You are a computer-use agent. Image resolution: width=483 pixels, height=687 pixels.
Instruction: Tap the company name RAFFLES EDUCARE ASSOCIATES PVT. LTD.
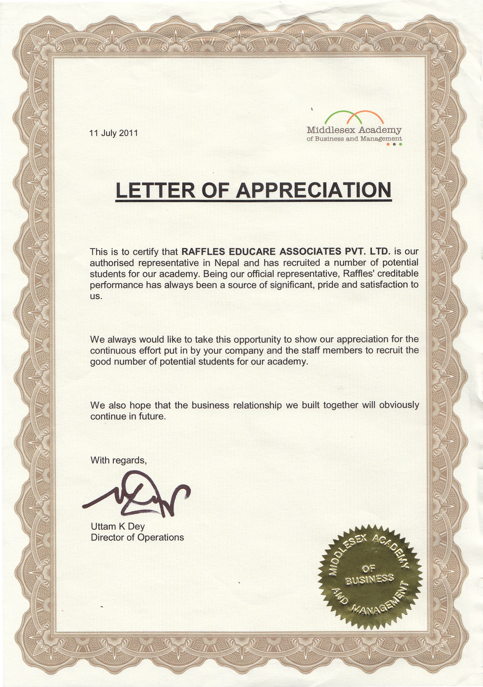[286, 251]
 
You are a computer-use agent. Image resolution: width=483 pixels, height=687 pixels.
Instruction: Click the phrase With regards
[119, 460]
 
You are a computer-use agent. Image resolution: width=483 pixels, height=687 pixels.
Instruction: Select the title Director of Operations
[137, 537]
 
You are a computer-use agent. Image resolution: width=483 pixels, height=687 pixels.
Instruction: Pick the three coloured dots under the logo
[394, 144]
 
